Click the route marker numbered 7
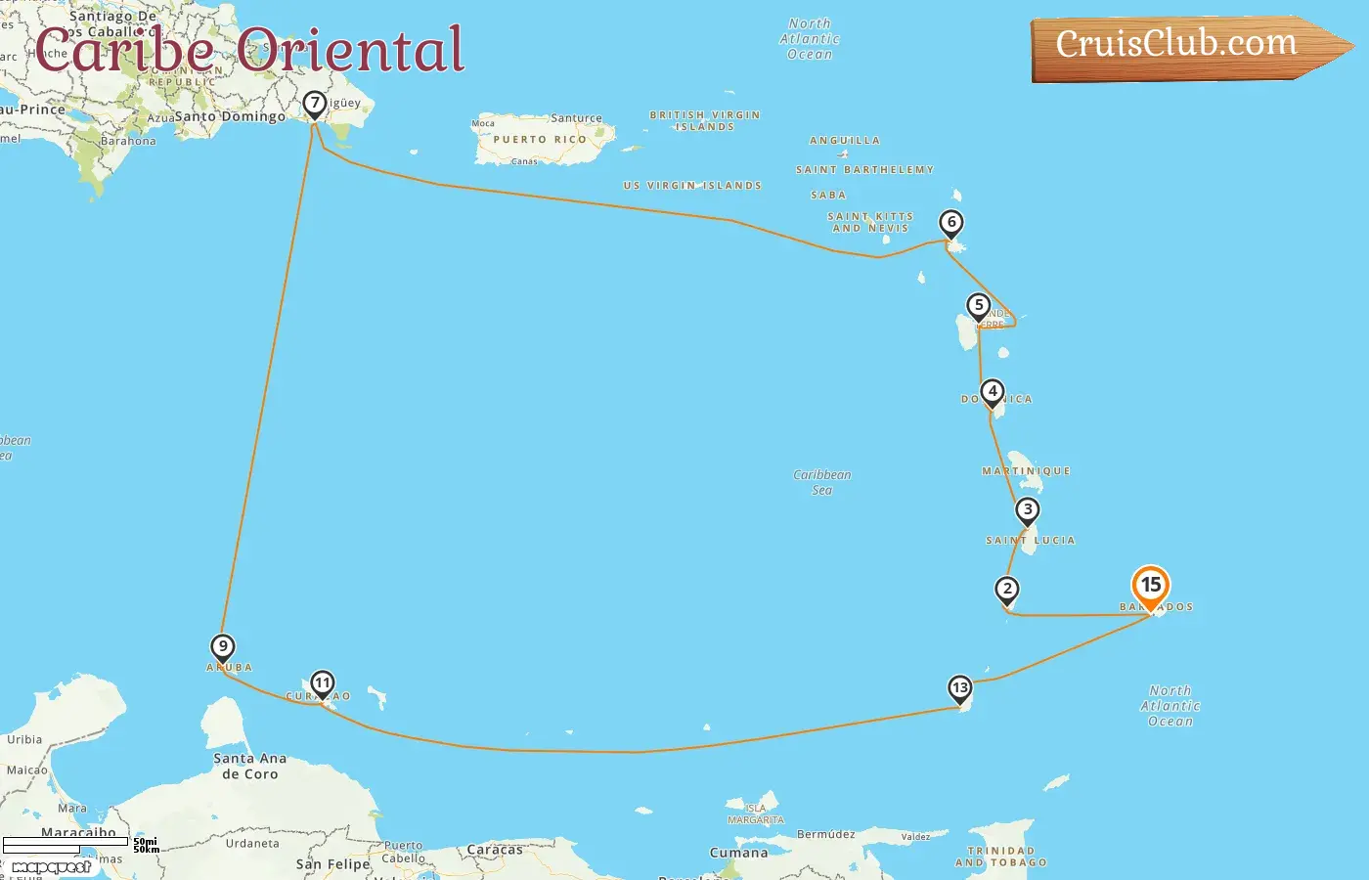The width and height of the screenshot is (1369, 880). (x=314, y=104)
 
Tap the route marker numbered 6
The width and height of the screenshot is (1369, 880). (x=950, y=223)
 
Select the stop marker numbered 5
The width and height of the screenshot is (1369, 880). (x=978, y=306)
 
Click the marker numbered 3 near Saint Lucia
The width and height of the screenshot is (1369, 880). (x=1027, y=510)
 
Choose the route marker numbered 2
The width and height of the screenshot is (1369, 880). (x=1006, y=590)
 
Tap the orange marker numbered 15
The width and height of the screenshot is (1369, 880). (x=1151, y=586)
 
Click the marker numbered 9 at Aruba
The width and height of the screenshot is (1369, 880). (x=223, y=647)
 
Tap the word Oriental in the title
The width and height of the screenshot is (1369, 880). (x=349, y=51)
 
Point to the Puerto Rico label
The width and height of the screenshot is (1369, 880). (x=540, y=140)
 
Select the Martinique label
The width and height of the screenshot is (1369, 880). (x=1026, y=471)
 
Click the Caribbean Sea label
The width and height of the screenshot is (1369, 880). (x=822, y=482)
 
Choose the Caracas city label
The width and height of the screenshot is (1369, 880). (x=495, y=850)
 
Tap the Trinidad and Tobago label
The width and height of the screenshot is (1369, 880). (x=1000, y=857)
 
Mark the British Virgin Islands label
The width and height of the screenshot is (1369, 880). (x=704, y=120)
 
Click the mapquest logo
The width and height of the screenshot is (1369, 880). (x=52, y=866)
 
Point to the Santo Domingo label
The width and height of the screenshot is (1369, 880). (x=230, y=116)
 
